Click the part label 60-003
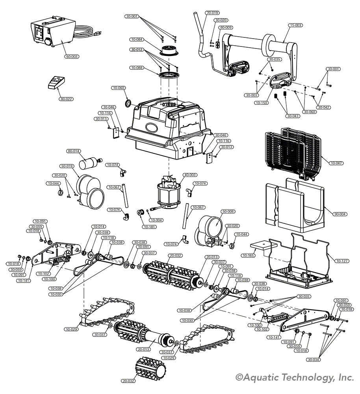point(72,57)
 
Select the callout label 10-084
point(137,39)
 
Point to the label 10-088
point(137,68)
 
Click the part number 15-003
point(295,25)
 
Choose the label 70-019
point(212,13)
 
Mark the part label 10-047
point(336,163)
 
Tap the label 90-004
point(340,214)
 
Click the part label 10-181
point(149,227)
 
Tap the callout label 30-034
point(314,359)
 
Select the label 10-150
point(260,103)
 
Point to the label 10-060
point(118,88)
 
